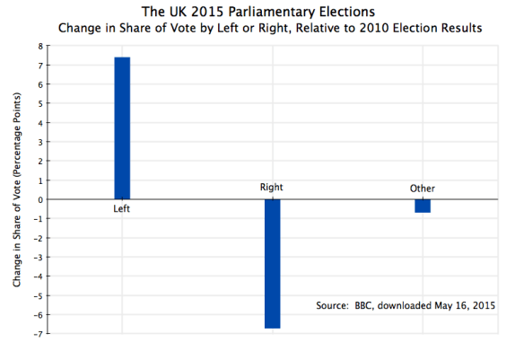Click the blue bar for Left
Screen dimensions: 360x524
tap(122, 128)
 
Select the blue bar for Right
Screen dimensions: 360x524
tap(272, 264)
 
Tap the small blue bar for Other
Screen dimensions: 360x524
tap(422, 206)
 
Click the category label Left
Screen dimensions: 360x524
tap(122, 209)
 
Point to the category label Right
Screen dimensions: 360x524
tap(272, 188)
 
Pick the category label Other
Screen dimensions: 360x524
tap(422, 189)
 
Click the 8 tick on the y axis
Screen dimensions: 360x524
tap(39, 45)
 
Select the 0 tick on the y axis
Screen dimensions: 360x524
tap(39, 199)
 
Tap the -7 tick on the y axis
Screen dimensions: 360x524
tap(37, 334)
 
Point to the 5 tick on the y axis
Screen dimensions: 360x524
tap(39, 103)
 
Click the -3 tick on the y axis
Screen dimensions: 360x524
tap(37, 257)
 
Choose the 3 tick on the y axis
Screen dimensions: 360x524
tap(39, 142)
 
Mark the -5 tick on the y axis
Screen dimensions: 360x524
tap(37, 295)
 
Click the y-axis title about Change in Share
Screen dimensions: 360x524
tap(17, 189)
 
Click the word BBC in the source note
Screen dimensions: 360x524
tap(362, 306)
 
